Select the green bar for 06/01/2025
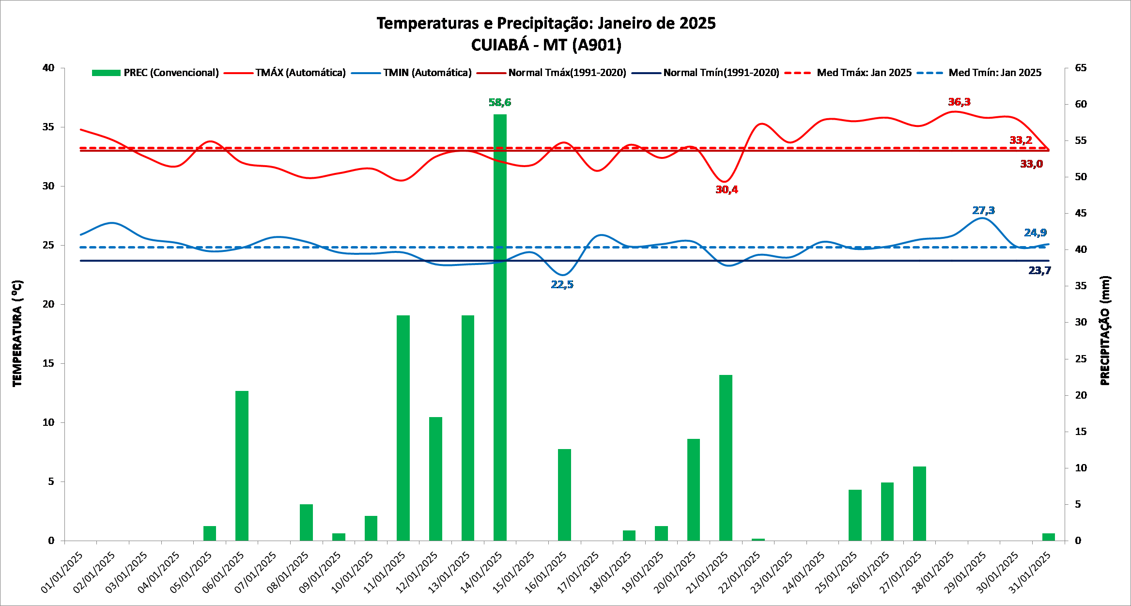[242, 465]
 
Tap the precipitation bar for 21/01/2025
[726, 457]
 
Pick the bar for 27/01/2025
[919, 503]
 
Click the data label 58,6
[500, 102]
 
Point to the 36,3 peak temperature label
[959, 102]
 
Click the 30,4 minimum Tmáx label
[727, 189]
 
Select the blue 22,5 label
[562, 284]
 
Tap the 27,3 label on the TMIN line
[983, 210]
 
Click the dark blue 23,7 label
[1039, 270]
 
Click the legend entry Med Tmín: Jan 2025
[994, 73]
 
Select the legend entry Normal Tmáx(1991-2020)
[567, 73]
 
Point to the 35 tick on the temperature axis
[48, 127]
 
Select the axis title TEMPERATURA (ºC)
[17, 333]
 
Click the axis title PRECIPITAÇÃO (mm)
[1105, 331]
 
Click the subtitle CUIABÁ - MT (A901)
[546, 45]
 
